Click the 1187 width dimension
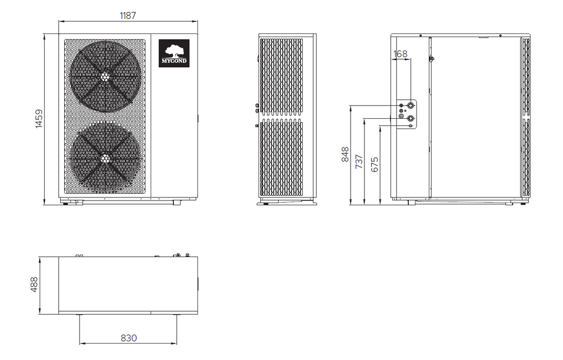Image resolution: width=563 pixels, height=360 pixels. tap(128, 15)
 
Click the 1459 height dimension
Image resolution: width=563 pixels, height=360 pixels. tap(39, 119)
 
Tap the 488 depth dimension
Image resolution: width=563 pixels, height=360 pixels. tap(34, 284)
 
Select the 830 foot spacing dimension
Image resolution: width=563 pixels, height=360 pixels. tap(129, 338)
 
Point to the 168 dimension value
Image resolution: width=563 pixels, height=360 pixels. tap(401, 54)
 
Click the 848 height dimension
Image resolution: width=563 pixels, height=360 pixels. tap(345, 154)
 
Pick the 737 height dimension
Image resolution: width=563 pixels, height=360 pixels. tap(359, 161)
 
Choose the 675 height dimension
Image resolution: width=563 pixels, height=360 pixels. tap(374, 165)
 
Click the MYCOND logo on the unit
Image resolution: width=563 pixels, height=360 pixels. tap(174, 53)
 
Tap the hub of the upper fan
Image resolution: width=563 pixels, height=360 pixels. tap(105, 76)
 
